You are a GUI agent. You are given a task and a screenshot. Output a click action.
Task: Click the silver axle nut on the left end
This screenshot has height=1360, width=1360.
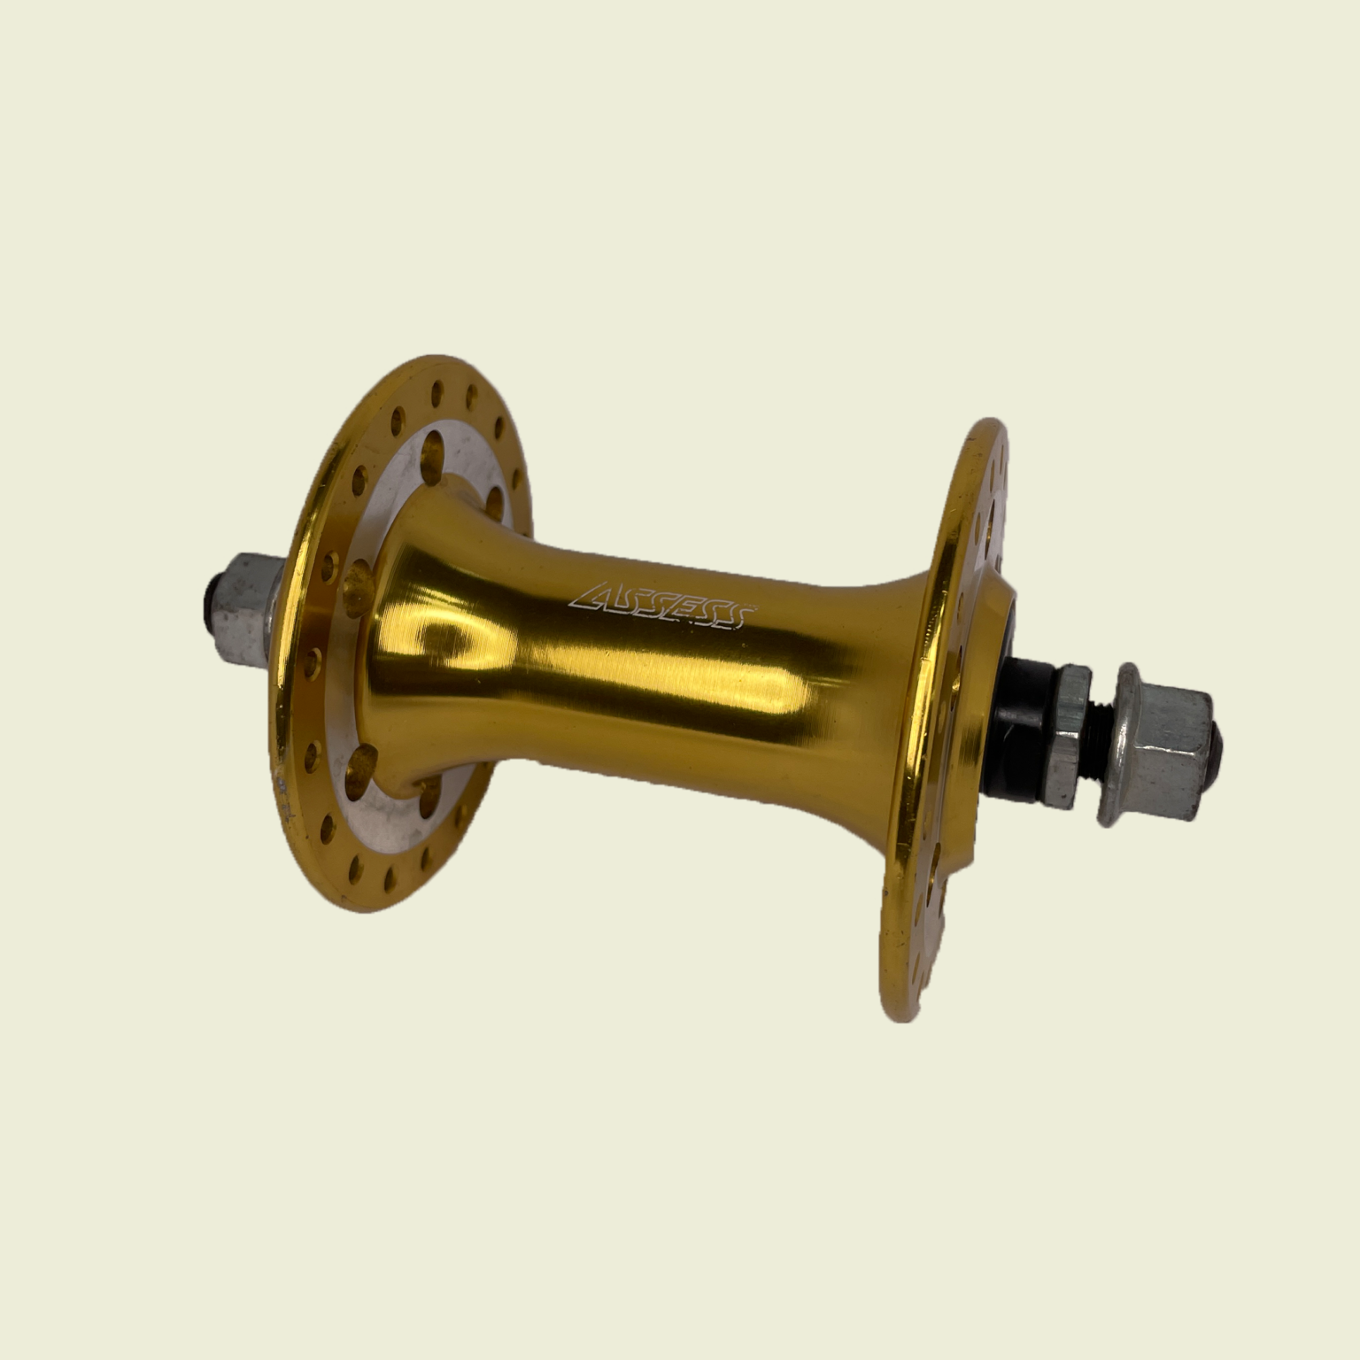(x=248, y=602)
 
